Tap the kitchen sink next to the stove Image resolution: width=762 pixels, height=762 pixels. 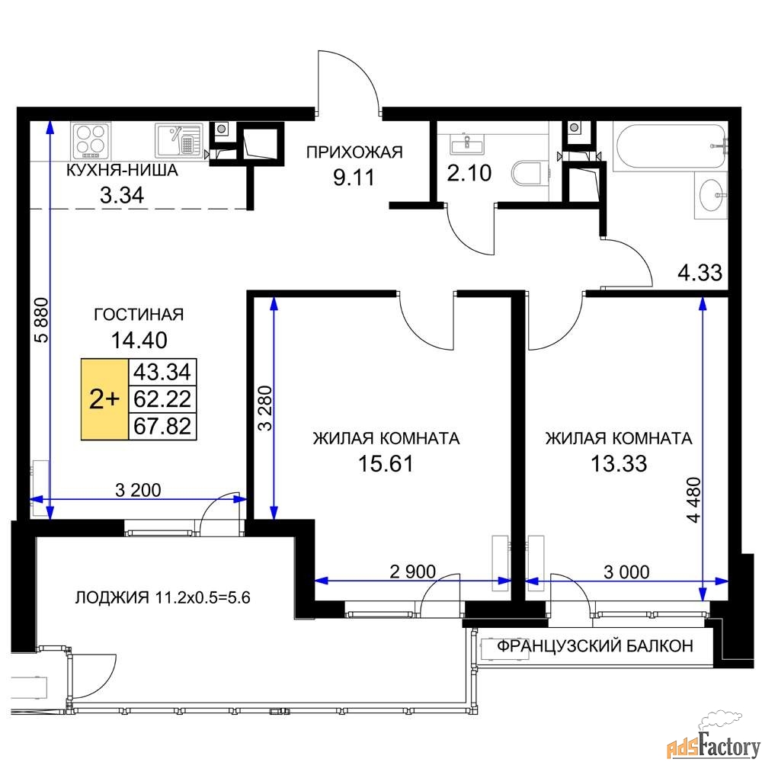178,141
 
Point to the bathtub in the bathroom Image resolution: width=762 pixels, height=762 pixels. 670,146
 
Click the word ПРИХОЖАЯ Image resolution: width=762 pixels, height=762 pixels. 355,152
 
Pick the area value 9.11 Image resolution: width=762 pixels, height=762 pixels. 354,178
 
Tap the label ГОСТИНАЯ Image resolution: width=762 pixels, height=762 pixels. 139,315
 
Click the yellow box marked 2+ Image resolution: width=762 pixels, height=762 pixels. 104,399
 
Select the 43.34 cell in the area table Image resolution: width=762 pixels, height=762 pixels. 162,373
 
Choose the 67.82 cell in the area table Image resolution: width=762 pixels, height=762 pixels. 162,427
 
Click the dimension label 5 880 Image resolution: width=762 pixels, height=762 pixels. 42,320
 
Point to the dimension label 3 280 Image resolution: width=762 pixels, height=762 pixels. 266,408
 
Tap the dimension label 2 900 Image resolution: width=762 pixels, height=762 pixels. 412,571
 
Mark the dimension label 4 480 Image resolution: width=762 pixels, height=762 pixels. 695,500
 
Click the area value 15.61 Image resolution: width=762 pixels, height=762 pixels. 386,463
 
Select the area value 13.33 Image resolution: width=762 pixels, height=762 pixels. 619,463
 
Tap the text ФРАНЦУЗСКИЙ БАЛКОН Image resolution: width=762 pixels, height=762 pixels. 595,646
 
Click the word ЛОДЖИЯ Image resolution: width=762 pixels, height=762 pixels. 112,597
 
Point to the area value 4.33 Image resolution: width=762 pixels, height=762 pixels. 700,273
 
